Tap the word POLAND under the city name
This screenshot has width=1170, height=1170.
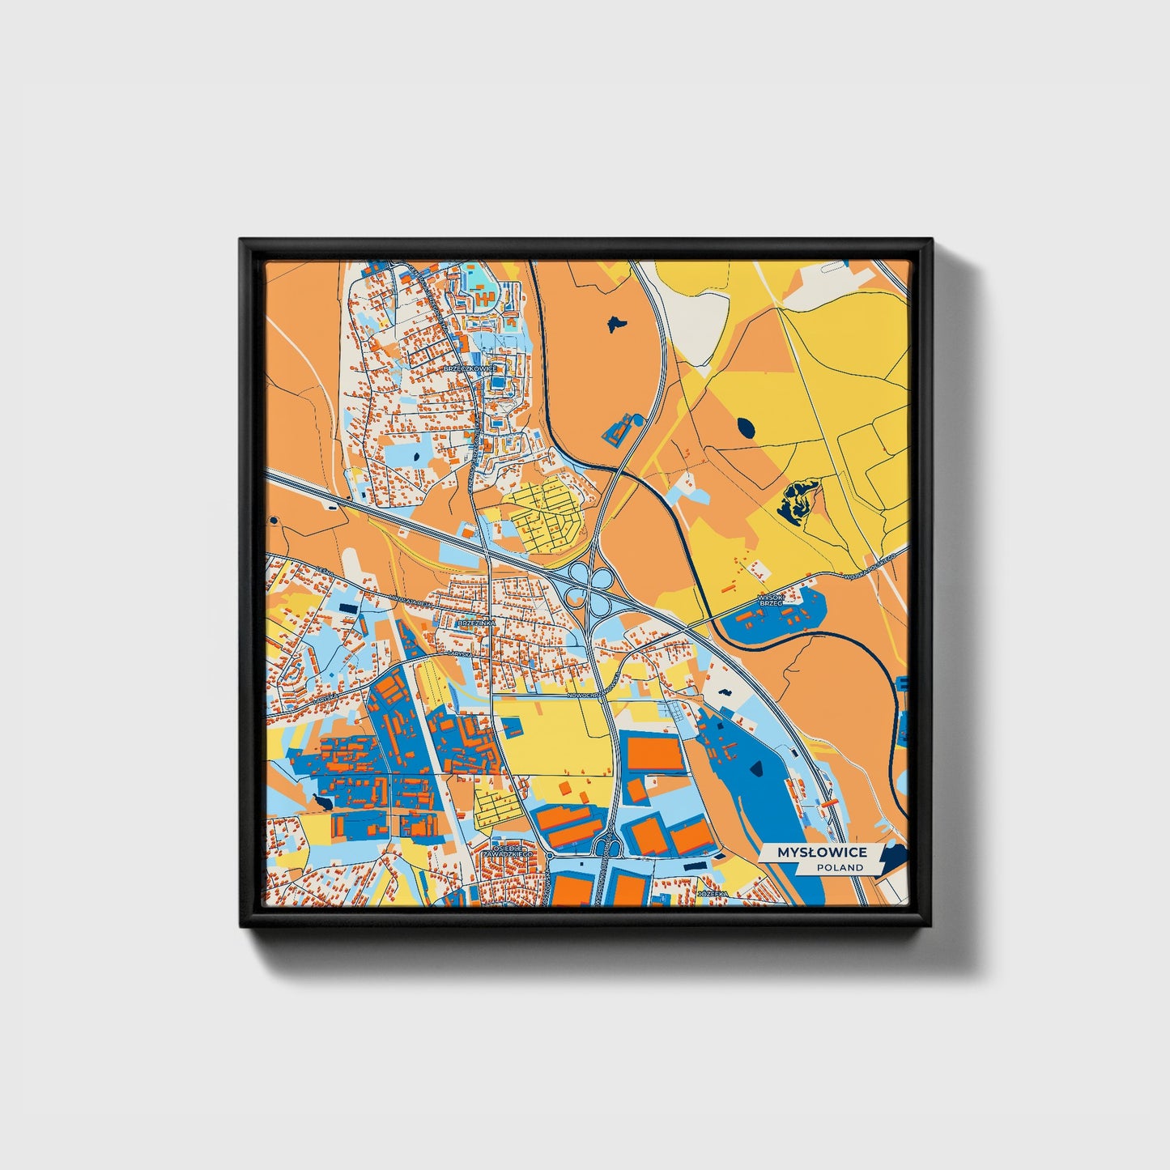point(840,867)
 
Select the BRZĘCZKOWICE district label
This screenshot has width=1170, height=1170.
point(470,368)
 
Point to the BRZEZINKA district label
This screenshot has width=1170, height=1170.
point(475,623)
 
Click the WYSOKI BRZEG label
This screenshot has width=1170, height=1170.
point(770,599)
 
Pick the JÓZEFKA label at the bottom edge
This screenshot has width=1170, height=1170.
point(713,894)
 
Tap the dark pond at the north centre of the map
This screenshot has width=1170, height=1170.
point(615,323)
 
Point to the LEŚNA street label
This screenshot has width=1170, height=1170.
point(325,572)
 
